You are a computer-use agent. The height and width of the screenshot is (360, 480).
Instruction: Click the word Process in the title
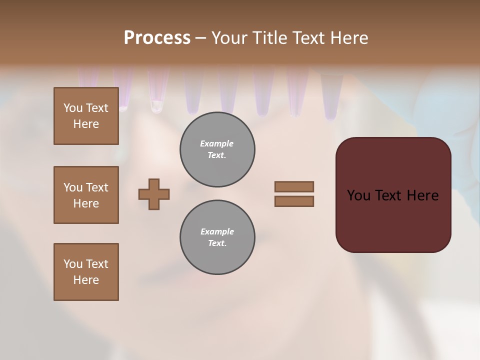click(157, 38)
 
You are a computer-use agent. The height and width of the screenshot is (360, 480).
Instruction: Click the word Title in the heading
click(271, 38)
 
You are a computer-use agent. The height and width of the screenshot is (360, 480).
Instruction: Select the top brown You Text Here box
click(86, 116)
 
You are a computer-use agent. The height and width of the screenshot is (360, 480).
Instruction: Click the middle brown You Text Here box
click(86, 195)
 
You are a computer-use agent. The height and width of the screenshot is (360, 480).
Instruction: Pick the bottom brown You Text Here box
click(86, 272)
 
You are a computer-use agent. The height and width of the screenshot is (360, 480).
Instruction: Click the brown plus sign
click(154, 194)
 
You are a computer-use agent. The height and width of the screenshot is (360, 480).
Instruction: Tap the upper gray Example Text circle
click(217, 149)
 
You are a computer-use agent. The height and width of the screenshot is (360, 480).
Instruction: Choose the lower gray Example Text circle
click(217, 237)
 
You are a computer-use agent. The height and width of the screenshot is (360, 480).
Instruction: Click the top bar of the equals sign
click(294, 186)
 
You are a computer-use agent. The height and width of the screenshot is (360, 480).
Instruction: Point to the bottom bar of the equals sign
click(294, 201)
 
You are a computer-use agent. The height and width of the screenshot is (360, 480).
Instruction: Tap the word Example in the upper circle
click(217, 144)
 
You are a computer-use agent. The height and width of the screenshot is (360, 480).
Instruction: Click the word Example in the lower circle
click(217, 232)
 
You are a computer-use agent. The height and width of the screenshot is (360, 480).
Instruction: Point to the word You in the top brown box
click(72, 108)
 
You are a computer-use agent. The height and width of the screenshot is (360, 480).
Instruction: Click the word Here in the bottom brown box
click(86, 280)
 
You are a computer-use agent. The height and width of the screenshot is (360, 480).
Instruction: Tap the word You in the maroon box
click(358, 195)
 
